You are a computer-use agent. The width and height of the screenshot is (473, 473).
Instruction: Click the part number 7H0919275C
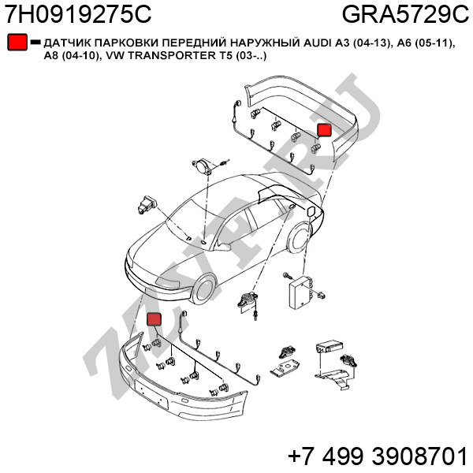[78, 14]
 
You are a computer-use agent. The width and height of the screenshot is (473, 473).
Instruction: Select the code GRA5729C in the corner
[405, 14]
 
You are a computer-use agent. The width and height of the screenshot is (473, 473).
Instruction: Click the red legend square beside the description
[17, 42]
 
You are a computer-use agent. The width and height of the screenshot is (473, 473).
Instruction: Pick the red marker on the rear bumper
[324, 130]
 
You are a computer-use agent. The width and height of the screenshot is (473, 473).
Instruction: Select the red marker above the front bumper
[154, 319]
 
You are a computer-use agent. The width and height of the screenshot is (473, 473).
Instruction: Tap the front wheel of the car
[205, 289]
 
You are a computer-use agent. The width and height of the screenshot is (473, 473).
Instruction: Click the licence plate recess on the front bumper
[151, 393]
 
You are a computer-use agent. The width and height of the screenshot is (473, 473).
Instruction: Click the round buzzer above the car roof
[202, 166]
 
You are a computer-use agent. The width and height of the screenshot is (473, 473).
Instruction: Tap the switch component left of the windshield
[147, 205]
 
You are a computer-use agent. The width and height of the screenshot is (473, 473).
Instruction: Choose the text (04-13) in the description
[370, 43]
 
